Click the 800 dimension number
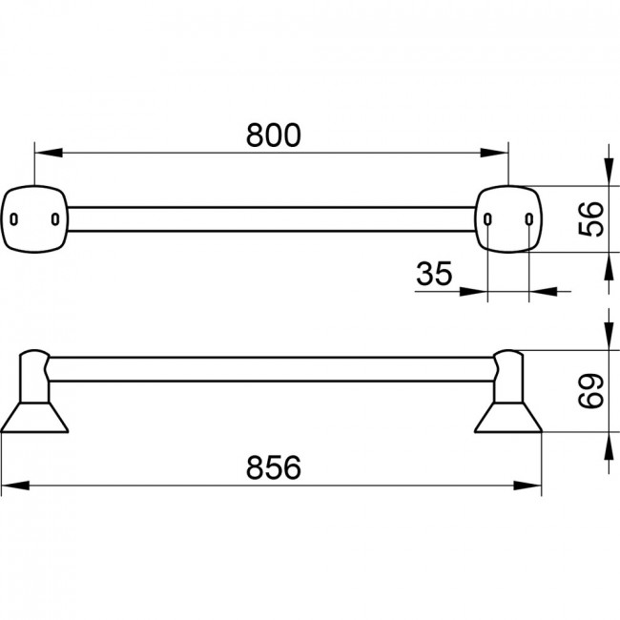coord(273,135)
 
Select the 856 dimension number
coord(273,467)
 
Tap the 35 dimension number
coord(434,273)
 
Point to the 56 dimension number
coord(590,219)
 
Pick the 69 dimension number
coord(590,391)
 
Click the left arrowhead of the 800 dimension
coord(49,153)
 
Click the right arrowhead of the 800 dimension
coord(494,153)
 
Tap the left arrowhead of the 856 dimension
coord(15,486)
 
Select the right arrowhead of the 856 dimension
coord(527,486)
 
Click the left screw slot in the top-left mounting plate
coord(14,219)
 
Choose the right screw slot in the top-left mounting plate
coord(55,219)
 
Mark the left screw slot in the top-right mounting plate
coord(487,219)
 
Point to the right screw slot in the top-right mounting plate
coord(529,219)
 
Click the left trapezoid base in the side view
coord(34,418)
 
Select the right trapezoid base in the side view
coord(508,418)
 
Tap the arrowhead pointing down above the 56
coord(609,172)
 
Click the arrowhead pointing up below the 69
coord(609,446)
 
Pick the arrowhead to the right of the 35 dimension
coord(544,292)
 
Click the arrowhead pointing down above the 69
coord(609,336)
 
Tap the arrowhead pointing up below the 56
coord(609,266)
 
